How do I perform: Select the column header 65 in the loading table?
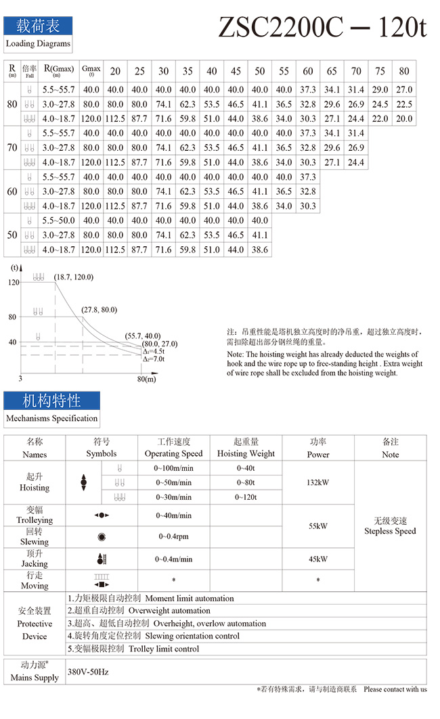(x=332, y=71)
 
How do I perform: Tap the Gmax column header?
(x=91, y=71)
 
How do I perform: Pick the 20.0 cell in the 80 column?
(x=404, y=118)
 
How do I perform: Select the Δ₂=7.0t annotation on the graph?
(x=154, y=359)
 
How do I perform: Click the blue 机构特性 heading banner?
(x=51, y=400)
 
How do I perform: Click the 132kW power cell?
(x=318, y=483)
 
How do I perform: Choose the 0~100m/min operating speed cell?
(x=174, y=468)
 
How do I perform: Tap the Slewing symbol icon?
(x=102, y=537)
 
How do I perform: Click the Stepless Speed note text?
(x=390, y=531)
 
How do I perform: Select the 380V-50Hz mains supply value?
(x=89, y=672)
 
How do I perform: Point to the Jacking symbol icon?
(x=102, y=559)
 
